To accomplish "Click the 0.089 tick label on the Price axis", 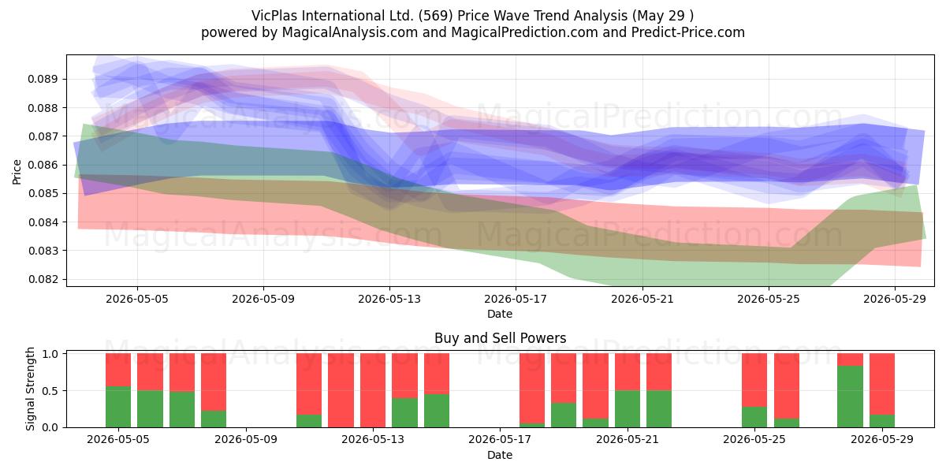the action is tap(43, 79).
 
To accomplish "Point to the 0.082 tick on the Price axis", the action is tap(43, 279).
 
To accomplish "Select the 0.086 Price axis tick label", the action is tap(43, 165).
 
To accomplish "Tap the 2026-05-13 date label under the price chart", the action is tap(389, 299).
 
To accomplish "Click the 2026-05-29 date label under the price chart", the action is tap(895, 299).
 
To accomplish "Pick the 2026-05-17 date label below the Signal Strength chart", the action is tap(500, 439).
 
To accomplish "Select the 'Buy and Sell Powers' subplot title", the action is tap(500, 338).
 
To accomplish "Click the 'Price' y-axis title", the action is tap(17, 172).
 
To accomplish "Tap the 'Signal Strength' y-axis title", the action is tap(30, 389).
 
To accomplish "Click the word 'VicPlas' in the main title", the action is tap(274, 16).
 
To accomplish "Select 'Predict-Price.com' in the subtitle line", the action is tap(688, 32).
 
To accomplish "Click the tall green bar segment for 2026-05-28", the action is tap(850, 397).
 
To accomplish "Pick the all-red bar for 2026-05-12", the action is tap(341, 390).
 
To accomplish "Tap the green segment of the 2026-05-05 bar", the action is tap(118, 407).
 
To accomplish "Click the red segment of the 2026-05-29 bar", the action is tap(882, 384).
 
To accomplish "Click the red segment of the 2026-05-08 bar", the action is tap(214, 382).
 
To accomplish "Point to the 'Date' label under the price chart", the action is tap(500, 314).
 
